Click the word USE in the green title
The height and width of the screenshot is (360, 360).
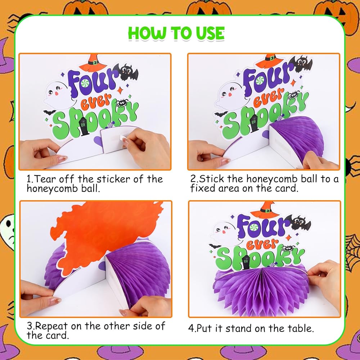point(210,33)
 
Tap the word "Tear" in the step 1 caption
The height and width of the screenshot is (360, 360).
point(47,179)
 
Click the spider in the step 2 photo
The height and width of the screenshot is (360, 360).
point(293,95)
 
